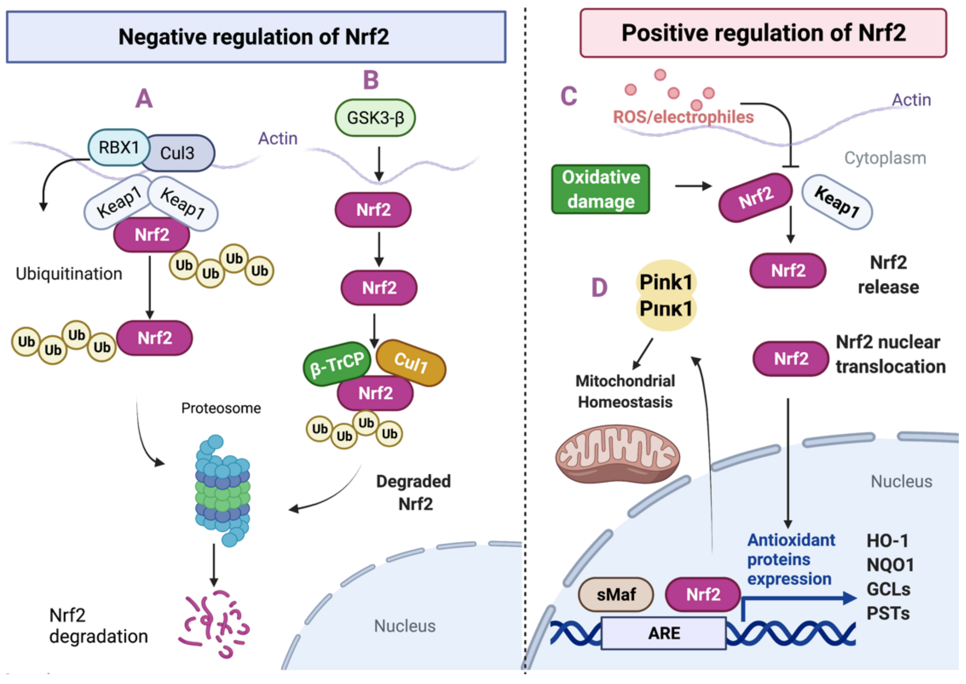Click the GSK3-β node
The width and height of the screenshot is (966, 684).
click(375, 118)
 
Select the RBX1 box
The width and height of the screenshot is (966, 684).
click(119, 147)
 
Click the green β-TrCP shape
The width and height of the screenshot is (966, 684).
click(336, 364)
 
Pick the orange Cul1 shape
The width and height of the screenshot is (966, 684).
click(411, 363)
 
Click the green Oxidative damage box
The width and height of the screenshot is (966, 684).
click(601, 189)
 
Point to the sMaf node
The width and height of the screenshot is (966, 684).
click(616, 594)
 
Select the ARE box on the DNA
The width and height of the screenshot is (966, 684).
click(663, 633)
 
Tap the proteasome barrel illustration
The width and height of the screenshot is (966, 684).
click(222, 491)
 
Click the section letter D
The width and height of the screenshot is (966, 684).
click(599, 288)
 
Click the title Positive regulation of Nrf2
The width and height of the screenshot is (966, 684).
click(763, 33)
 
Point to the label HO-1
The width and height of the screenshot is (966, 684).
click(887, 540)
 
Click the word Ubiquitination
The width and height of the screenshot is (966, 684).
click(69, 274)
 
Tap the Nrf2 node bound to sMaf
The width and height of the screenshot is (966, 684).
click(703, 594)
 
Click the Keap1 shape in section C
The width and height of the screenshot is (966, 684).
click(837, 202)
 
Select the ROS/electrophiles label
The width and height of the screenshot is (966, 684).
click(683, 116)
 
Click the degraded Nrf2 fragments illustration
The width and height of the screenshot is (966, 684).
click(214, 624)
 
